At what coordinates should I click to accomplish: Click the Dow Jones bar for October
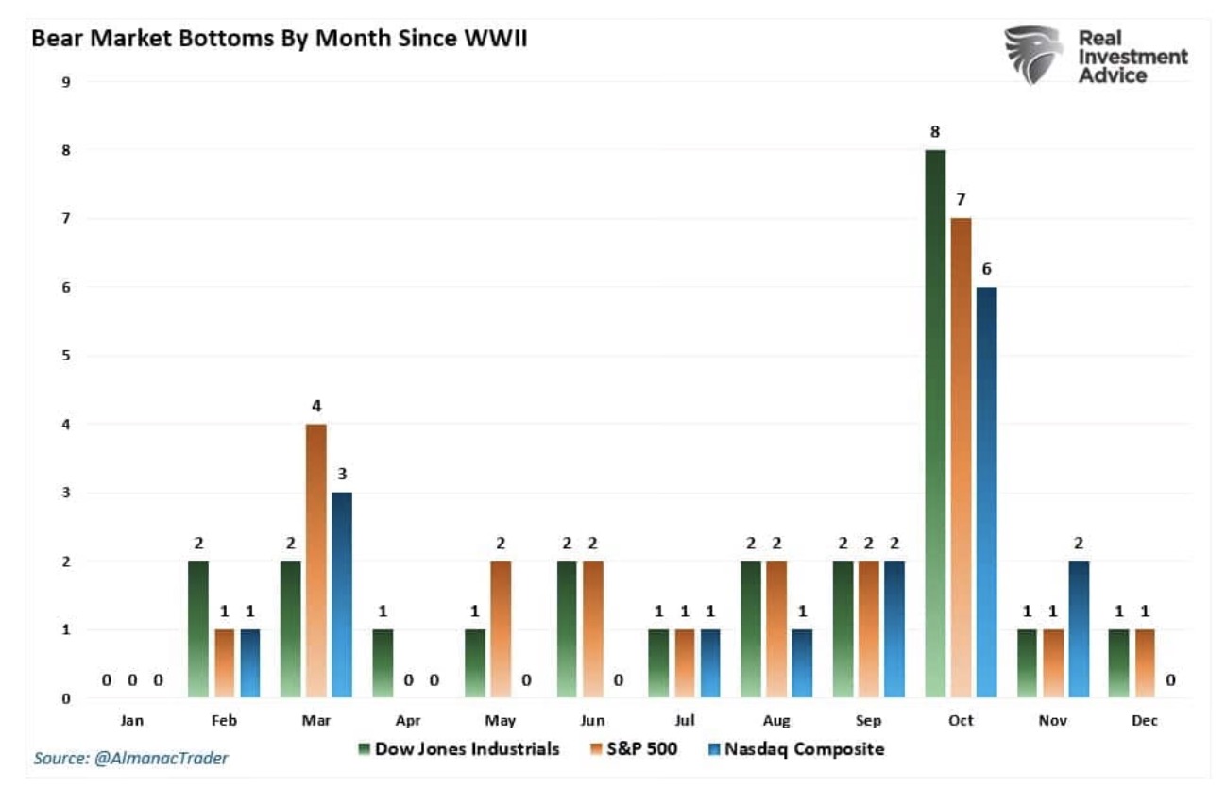935,425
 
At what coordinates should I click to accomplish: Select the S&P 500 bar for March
316,561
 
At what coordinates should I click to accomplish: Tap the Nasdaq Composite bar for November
1077,629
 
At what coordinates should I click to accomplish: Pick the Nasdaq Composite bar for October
986,493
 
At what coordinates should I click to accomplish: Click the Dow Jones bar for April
383,664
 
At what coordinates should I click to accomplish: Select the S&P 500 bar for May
501,629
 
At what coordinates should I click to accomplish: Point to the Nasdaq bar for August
802,664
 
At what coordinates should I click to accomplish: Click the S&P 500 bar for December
1144,664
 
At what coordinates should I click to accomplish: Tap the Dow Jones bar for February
198,629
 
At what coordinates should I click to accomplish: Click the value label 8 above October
935,132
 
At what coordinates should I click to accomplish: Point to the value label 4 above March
316,407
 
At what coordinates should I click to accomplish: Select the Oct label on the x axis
961,721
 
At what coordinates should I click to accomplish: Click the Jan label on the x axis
132,721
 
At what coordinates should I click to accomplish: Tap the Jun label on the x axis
593,721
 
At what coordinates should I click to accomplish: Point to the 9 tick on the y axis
66,81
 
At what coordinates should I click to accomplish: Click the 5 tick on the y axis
66,356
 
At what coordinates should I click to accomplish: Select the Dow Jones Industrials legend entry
459,749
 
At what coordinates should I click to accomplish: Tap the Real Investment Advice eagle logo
1033,55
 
